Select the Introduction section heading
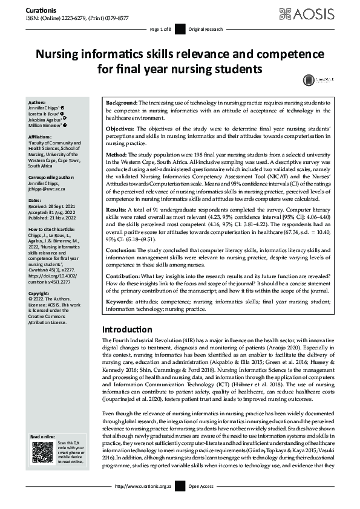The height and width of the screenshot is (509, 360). pos(127,329)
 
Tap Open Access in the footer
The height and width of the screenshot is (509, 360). pos(201,502)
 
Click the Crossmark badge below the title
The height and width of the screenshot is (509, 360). pos(309,79)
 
